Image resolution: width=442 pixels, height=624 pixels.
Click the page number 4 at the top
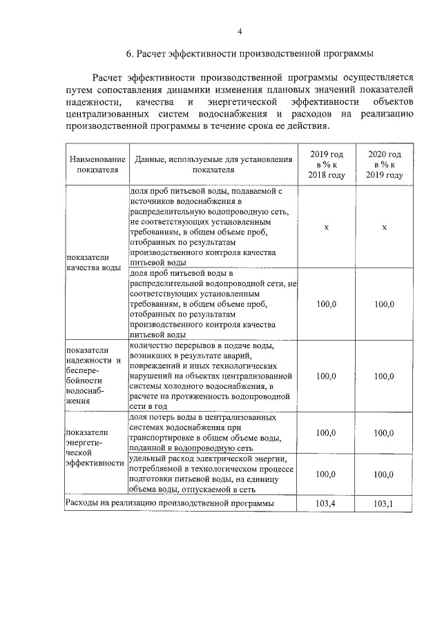(240, 31)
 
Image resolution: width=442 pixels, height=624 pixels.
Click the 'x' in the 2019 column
(325, 227)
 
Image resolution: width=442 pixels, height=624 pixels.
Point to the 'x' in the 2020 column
(384, 227)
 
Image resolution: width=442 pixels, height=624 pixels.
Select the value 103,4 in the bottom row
(325, 504)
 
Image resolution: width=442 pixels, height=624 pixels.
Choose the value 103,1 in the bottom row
(384, 504)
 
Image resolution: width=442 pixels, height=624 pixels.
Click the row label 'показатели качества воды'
(94, 262)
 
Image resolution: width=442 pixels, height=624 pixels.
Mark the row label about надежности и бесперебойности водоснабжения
(94, 375)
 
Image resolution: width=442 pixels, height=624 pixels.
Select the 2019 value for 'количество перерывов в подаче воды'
(325, 376)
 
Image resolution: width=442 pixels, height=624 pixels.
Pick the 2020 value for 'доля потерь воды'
(384, 432)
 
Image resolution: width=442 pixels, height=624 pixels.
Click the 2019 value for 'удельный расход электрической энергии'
(325, 474)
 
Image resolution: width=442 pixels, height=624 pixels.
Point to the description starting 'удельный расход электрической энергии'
(211, 474)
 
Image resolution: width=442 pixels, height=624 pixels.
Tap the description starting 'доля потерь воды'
(207, 432)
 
